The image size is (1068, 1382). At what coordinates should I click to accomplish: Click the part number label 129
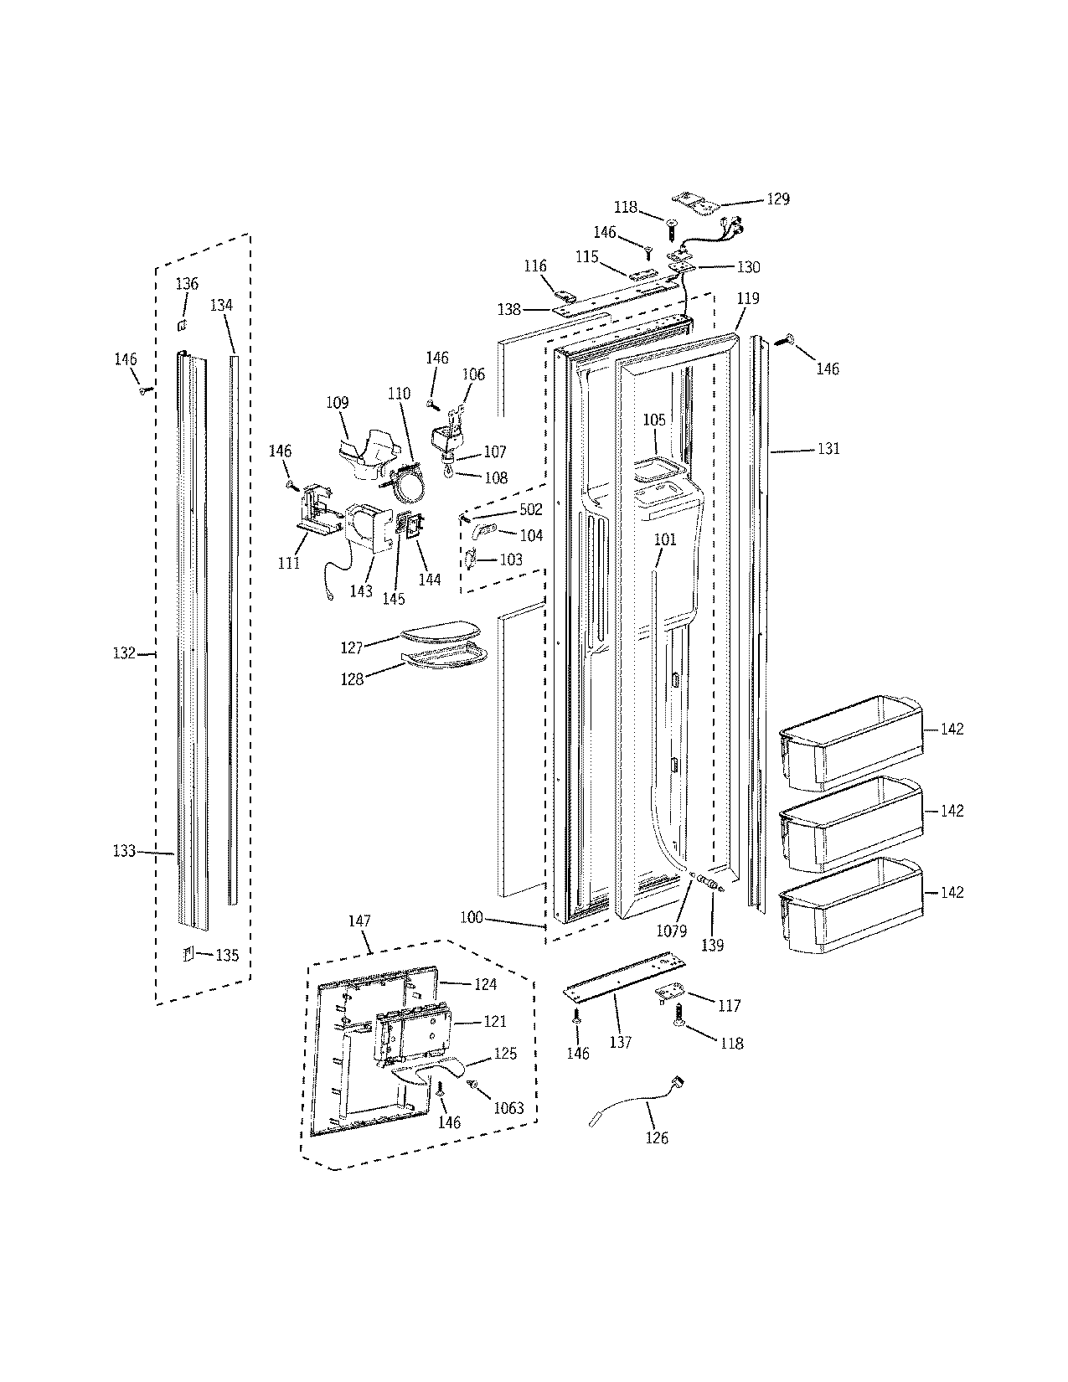(778, 199)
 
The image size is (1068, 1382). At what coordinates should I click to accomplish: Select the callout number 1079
(672, 930)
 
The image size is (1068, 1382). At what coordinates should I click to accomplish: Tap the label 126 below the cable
(658, 1137)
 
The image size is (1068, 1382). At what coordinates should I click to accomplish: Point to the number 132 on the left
(124, 652)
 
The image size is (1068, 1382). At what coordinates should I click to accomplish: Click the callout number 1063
(508, 1108)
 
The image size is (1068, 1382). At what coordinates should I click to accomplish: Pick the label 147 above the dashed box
(359, 920)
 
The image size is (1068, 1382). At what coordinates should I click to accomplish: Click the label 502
(531, 509)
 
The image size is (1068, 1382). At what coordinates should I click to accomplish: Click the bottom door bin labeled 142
(848, 906)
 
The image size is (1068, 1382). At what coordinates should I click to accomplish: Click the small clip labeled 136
(182, 322)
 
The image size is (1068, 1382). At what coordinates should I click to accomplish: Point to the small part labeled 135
(188, 953)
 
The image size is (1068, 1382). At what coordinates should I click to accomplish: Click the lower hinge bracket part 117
(669, 993)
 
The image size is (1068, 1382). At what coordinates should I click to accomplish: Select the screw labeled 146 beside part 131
(788, 339)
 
